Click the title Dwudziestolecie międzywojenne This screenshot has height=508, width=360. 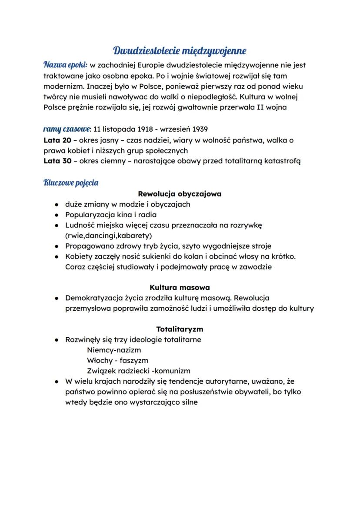coord(180,51)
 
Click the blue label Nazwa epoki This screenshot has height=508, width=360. coord(65,65)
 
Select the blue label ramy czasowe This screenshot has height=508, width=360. coord(67,129)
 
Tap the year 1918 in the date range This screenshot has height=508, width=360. coord(147,129)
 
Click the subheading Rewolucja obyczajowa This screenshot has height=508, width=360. coord(180,194)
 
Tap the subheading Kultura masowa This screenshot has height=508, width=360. coord(180,288)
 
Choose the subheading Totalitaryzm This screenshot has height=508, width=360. coord(180,329)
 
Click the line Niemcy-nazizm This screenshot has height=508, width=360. coord(114,350)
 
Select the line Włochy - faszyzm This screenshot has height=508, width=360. coord(117,361)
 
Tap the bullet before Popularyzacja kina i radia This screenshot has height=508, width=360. coord(57,215)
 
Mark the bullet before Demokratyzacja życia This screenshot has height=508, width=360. coord(57,299)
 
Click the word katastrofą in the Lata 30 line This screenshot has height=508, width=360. coord(281,161)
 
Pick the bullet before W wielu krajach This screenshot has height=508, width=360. coord(57,382)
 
